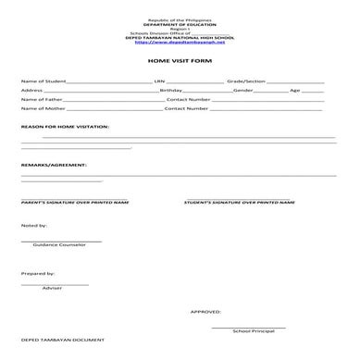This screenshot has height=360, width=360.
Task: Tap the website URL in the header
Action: click(180, 42)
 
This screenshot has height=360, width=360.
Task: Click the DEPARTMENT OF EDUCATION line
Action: click(180, 23)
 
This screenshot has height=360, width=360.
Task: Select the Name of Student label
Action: click(39, 81)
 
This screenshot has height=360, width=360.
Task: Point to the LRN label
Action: click(160, 81)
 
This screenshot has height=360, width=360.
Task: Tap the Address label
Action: click(31, 91)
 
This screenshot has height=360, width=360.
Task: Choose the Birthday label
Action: click(171, 91)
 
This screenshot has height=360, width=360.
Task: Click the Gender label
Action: click(244, 91)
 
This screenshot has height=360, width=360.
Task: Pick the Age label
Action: click(295, 91)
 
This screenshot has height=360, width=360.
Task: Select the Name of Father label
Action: click(39, 100)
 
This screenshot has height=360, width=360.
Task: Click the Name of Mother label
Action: click(40, 109)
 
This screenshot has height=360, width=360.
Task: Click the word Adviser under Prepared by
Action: click(52, 289)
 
